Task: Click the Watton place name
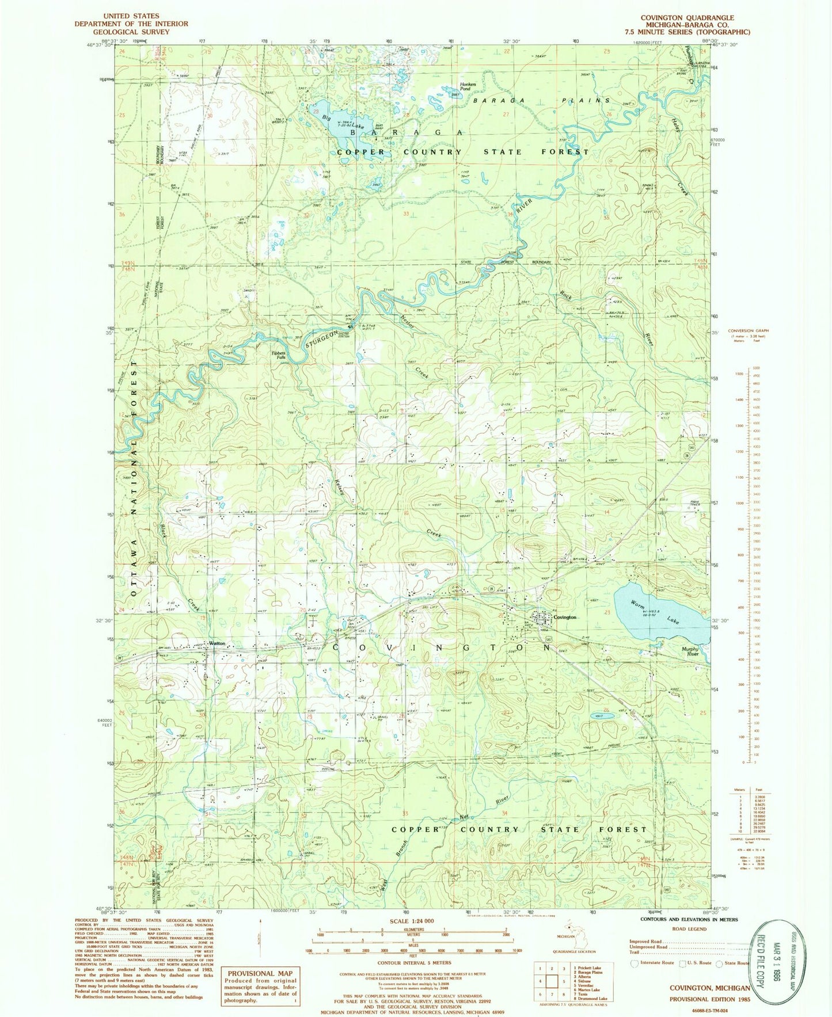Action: click(216, 643)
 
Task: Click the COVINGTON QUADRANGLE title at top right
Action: click(686, 18)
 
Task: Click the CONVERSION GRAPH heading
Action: click(749, 331)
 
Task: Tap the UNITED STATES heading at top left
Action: click(131, 16)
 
